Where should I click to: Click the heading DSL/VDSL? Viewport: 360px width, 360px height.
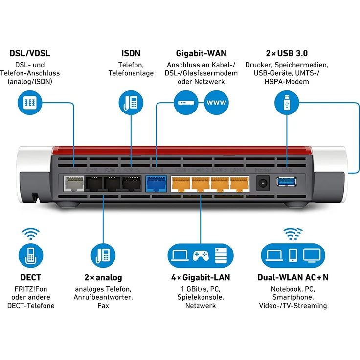30,53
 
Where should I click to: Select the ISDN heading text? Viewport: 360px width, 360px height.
131,53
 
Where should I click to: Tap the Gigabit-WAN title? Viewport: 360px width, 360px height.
201,53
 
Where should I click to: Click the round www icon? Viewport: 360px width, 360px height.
216,103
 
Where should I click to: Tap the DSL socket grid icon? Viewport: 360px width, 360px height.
30,103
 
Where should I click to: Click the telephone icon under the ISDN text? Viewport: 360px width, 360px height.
131,103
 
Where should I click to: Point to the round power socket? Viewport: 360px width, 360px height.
263,183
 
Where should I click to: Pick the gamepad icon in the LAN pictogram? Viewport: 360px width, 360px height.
201,255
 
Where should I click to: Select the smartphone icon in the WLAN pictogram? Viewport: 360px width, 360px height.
293,255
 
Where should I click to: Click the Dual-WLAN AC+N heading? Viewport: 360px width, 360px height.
293,277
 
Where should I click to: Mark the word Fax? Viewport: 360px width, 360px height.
103,306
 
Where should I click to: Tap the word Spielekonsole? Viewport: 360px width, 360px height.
201,297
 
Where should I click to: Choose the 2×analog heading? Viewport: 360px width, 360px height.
103,277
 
